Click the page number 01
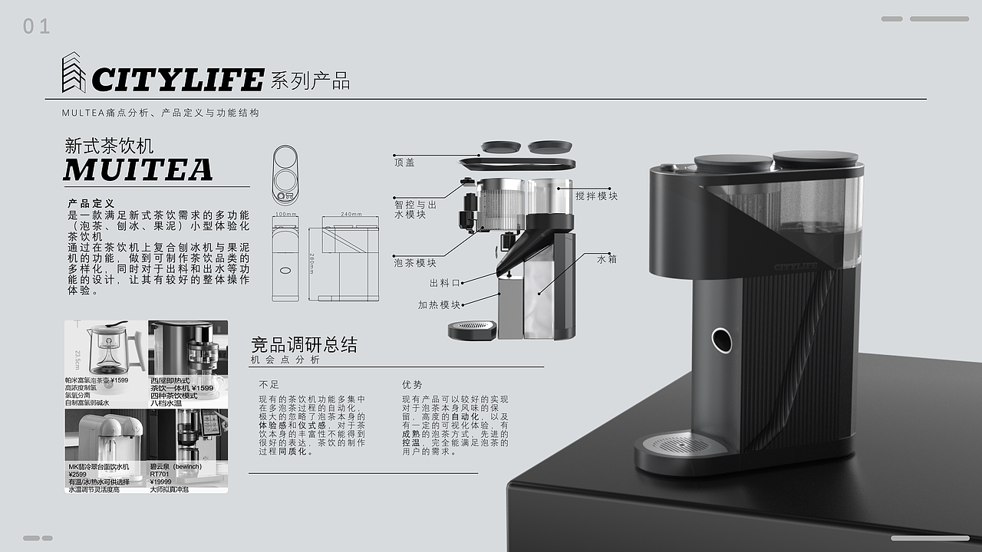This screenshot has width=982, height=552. [x=36, y=27]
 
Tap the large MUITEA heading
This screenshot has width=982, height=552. [x=138, y=169]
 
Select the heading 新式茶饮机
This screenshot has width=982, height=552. [x=109, y=145]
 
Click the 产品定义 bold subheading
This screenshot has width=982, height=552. [x=91, y=204]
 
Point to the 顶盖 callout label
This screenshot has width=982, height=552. [x=404, y=163]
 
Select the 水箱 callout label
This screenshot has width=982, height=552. [x=607, y=259]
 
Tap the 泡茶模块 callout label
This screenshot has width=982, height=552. [x=415, y=263]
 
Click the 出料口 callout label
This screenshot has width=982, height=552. [x=445, y=283]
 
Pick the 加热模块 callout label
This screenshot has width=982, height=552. [x=439, y=304]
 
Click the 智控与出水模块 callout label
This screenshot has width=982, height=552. [x=415, y=209]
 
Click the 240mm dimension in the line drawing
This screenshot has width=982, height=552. [x=351, y=215]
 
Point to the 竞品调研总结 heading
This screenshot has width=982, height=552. [x=304, y=344]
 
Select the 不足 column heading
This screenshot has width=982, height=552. [x=269, y=384]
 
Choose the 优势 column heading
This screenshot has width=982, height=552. [x=412, y=384]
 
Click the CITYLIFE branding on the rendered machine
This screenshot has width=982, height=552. [x=802, y=266]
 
